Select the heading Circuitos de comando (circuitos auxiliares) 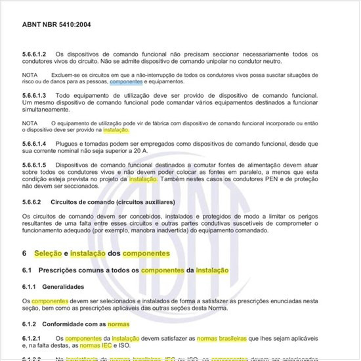coord(108,201)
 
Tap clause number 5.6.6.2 coord(34,201)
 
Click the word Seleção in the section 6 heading coord(49,253)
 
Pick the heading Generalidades coord(64,286)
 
